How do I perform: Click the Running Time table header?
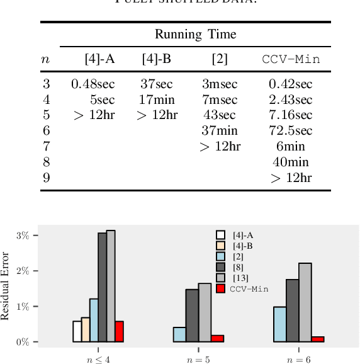(x=195, y=35)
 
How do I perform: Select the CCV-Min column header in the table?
(x=291, y=60)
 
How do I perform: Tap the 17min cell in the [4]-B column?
(x=157, y=100)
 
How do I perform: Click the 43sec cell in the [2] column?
(x=219, y=115)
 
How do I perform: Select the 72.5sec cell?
(x=290, y=131)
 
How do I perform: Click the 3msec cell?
(x=219, y=84)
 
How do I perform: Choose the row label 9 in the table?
(x=46, y=178)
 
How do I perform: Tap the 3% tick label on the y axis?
(x=23, y=236)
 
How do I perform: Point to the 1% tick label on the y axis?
(x=23, y=307)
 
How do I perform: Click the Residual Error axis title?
(x=6, y=287)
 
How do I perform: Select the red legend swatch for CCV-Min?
(x=220, y=288)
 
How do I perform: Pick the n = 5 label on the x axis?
(x=198, y=360)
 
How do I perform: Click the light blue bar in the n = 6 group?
(x=280, y=324)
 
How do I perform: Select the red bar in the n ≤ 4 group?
(x=119, y=331)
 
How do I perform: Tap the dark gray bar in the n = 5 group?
(x=192, y=316)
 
